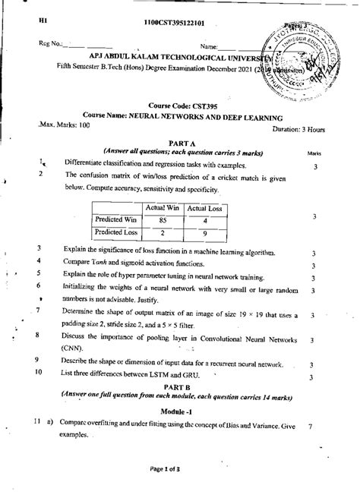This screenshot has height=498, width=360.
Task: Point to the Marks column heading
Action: tap(313, 153)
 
